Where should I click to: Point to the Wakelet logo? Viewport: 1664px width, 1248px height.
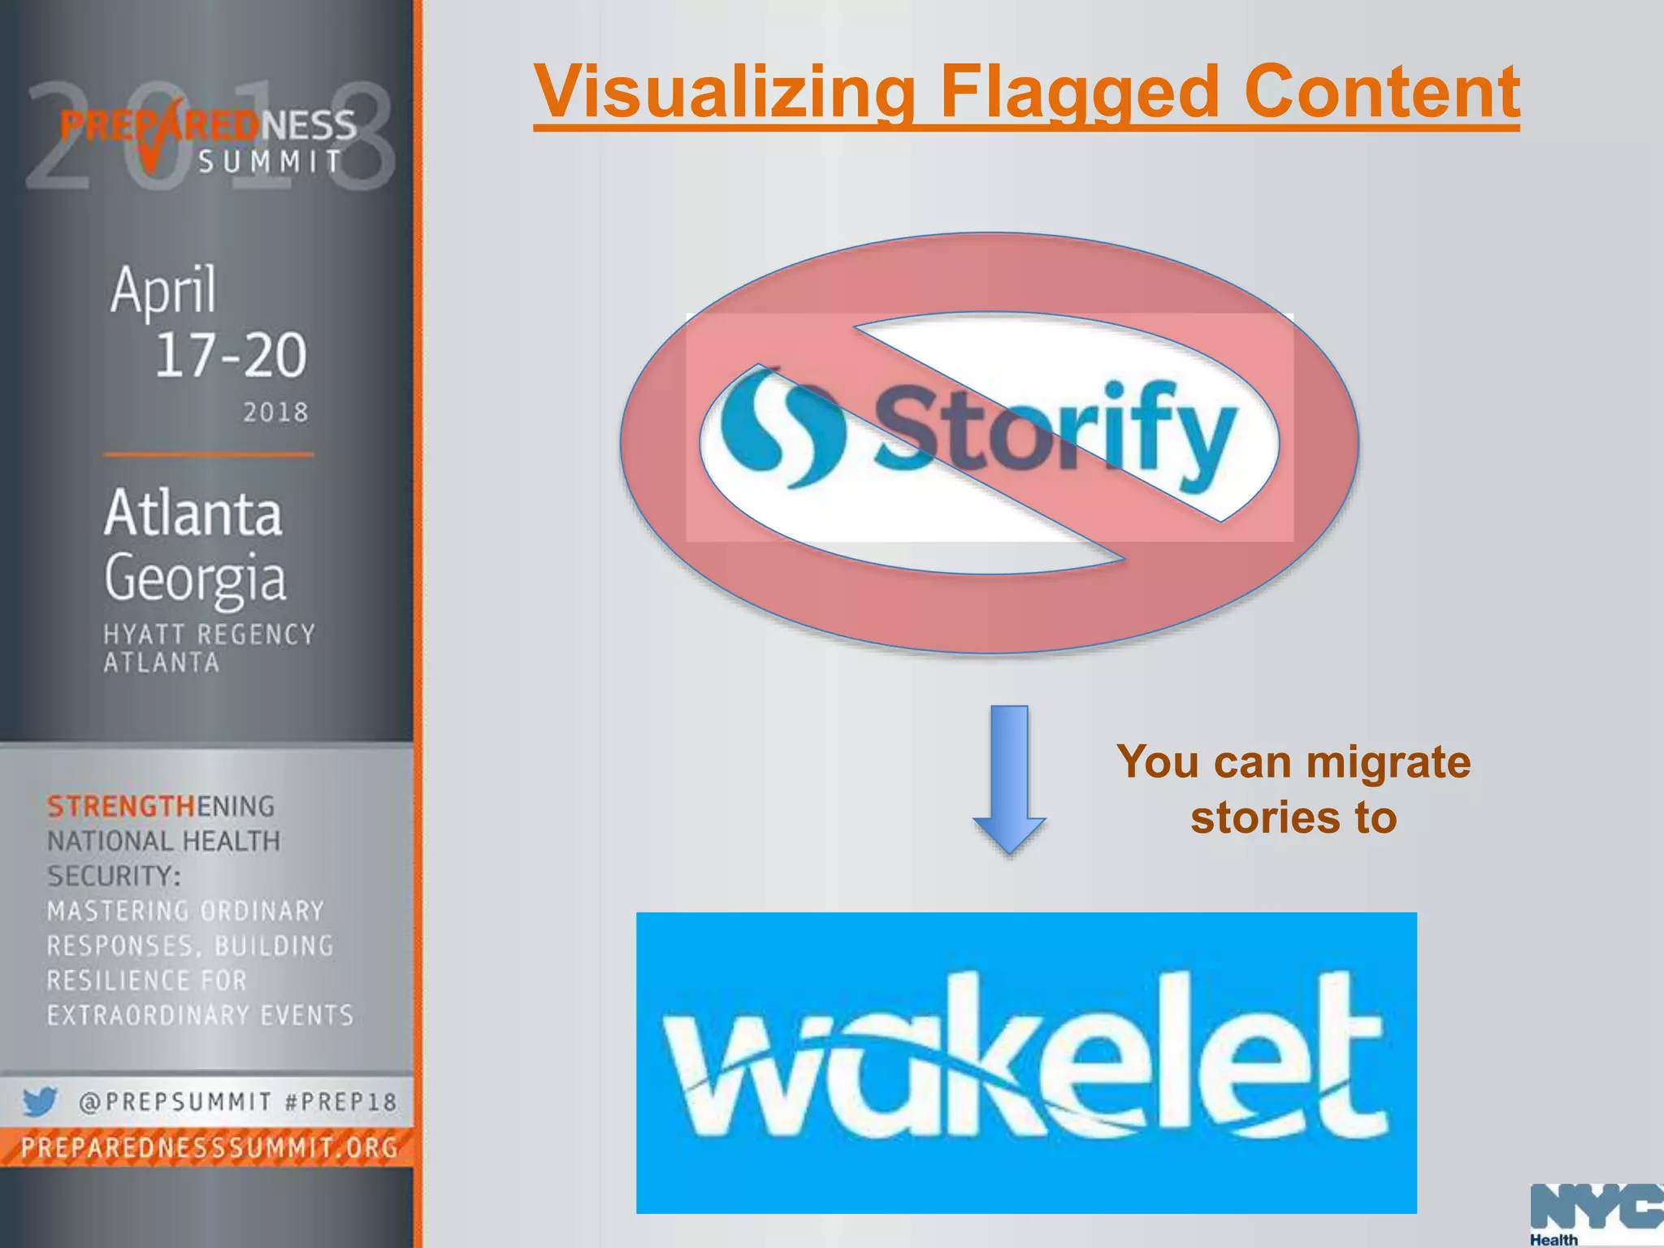1025,1062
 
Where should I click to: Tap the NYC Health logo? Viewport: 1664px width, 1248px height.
1597,1214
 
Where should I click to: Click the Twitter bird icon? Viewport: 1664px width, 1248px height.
39,1101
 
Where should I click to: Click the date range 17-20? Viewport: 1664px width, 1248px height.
231,355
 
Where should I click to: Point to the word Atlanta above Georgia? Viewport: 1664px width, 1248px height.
193,513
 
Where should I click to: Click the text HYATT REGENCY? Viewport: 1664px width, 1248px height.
209,635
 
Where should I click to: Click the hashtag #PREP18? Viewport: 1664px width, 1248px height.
340,1102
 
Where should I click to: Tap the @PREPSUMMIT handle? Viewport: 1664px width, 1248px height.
175,1102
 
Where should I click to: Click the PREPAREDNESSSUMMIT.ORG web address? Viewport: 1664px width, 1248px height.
209,1147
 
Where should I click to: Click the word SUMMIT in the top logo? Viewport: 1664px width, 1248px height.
271,162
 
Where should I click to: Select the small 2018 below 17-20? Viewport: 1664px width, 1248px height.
276,412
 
